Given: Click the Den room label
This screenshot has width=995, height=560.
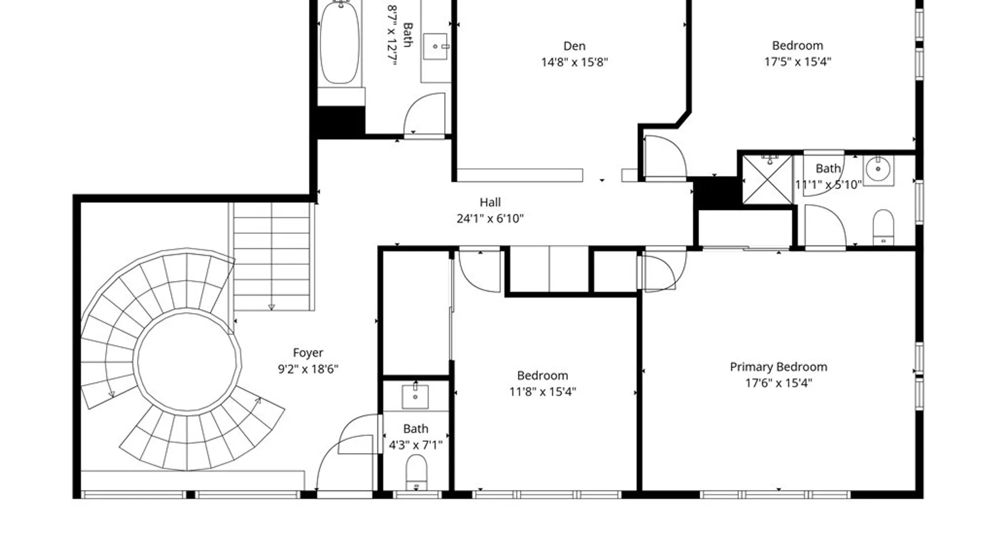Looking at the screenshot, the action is [x=574, y=46].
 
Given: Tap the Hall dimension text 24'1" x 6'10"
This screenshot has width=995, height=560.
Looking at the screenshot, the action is [x=490, y=219].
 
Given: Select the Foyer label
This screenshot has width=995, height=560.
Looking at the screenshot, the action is [x=308, y=353].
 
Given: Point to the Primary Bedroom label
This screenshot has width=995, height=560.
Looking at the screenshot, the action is [x=778, y=367].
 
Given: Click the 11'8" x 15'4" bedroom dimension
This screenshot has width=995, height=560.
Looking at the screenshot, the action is [x=543, y=391].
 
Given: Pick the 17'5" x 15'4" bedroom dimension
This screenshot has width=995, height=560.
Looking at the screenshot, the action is [x=798, y=62].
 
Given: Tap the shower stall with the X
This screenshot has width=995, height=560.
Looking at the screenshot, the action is [x=767, y=179].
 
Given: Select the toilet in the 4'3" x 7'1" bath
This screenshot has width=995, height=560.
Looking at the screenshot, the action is [x=416, y=472].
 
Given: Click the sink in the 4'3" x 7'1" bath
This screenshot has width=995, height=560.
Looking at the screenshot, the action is [x=415, y=397].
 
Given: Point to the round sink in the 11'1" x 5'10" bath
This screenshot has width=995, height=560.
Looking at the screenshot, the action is [x=878, y=170].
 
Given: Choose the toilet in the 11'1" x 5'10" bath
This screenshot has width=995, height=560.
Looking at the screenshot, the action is [x=884, y=227].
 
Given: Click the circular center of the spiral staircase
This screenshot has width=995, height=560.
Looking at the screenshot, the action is [x=187, y=361].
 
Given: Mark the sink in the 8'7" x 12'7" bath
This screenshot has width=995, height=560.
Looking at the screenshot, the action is [x=436, y=47].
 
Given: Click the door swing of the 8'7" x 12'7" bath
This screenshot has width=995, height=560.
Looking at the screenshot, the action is [x=424, y=114].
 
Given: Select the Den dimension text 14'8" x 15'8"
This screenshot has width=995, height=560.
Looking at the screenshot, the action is [x=574, y=62].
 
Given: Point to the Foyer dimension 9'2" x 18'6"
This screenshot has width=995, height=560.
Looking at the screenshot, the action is [x=308, y=369].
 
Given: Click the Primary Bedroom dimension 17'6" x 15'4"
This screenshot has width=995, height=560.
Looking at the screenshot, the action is [x=778, y=383].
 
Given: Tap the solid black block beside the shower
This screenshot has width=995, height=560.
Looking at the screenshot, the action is [x=716, y=193].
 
